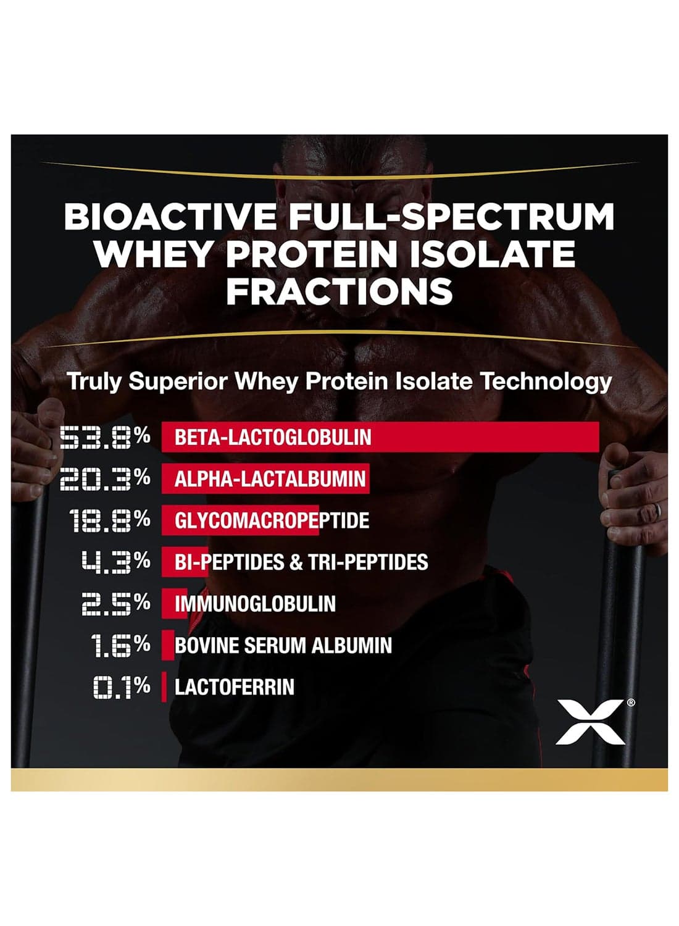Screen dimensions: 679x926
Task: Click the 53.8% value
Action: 105,437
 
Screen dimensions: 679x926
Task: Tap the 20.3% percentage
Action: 105,478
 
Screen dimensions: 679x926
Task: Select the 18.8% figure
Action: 109,520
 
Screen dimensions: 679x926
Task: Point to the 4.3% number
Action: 115,561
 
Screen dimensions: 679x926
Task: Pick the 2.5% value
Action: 115,604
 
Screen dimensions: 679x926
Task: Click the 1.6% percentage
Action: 120,645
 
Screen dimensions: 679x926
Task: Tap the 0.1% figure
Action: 122,686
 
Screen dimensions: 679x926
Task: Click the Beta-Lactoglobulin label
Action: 273,437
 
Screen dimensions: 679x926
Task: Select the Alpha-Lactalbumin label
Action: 270,478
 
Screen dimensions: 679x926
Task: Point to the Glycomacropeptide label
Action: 272,520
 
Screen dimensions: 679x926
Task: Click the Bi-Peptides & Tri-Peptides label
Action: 301,562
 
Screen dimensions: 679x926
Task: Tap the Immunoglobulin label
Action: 255,604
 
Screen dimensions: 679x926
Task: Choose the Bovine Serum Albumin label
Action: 283,645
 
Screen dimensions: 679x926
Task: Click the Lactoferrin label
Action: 235,686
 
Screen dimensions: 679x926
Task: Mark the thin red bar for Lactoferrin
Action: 164,686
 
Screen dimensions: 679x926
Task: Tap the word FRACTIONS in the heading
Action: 339,291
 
